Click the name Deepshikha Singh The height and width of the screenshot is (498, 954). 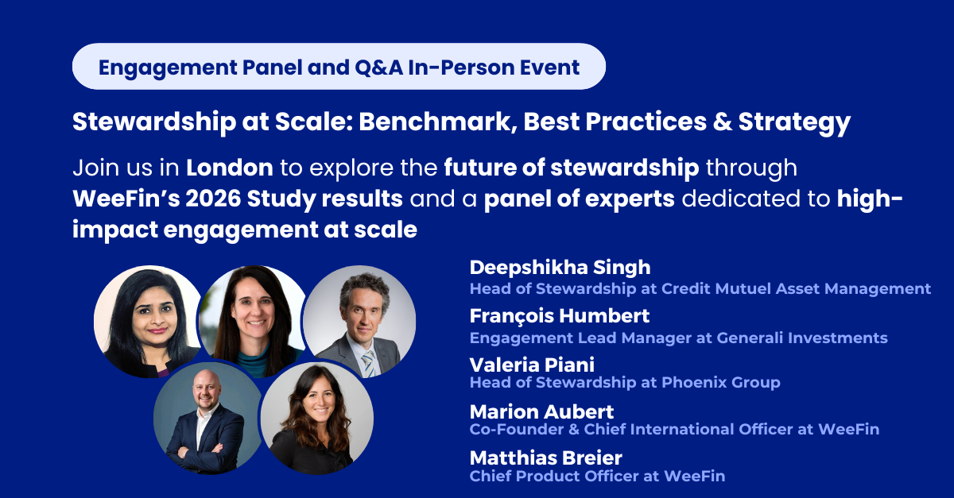click(560, 268)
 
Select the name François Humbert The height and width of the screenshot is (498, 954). click(560, 317)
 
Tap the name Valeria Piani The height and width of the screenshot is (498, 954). click(532, 365)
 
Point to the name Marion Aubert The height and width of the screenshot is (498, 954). click(541, 411)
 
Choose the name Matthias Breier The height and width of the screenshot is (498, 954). click(546, 458)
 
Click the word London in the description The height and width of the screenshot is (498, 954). click(230, 168)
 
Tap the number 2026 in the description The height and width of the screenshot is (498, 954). click(213, 199)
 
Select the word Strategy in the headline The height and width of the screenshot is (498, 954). click(794, 123)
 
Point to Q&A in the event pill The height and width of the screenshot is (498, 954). click(378, 68)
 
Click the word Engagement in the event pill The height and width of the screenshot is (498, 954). click(168, 68)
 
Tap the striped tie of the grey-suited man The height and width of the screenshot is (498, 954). click(368, 364)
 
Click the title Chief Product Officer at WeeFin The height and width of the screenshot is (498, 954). click(597, 476)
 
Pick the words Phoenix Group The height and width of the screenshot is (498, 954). click(720, 382)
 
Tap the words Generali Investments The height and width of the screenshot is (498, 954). click(802, 338)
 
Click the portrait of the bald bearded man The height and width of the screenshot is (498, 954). click(207, 418)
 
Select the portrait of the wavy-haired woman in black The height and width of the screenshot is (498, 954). click(317, 418)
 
